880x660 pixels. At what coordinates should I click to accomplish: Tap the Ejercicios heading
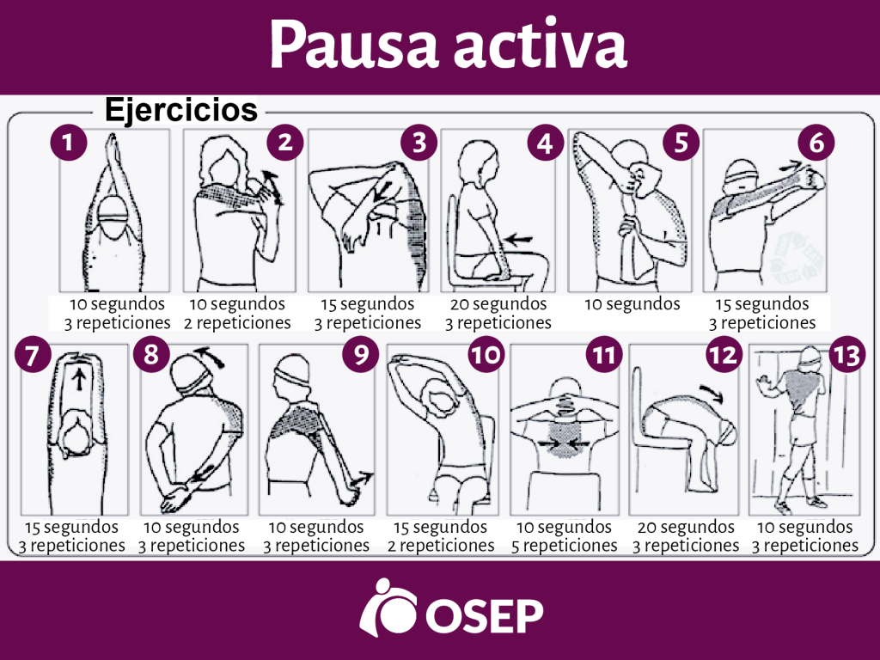click(x=180, y=110)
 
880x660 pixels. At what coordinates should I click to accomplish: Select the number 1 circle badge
click(x=69, y=143)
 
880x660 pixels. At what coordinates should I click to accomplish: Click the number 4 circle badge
click(x=544, y=143)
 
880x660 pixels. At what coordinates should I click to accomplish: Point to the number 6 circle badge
click(x=816, y=143)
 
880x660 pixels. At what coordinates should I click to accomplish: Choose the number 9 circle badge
click(x=360, y=355)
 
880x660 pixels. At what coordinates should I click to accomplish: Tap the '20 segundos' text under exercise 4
click(x=498, y=304)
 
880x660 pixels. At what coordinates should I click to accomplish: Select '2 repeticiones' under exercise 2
click(x=237, y=323)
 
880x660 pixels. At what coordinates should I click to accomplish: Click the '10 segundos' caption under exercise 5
click(x=632, y=304)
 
